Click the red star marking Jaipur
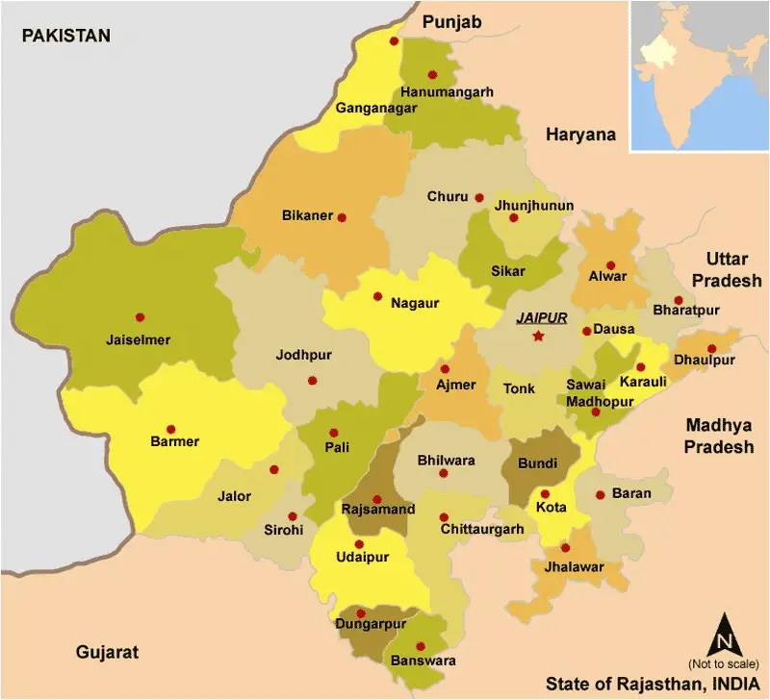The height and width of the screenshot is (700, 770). click(538, 336)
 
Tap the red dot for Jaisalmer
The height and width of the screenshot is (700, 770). click(140, 316)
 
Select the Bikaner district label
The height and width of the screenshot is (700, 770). click(307, 215)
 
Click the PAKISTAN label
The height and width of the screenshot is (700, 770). click(66, 37)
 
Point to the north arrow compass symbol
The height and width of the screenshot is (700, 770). click(726, 637)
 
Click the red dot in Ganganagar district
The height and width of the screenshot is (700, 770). click(394, 41)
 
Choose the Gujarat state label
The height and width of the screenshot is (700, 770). click(107, 652)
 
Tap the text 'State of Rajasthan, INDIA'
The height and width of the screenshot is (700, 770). click(650, 684)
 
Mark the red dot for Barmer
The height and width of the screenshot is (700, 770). click(171, 429)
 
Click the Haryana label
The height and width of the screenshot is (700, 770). click(580, 135)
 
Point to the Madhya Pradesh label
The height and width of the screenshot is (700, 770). click(719, 436)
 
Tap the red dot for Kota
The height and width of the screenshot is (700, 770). click(545, 493)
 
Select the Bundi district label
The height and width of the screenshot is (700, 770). click(537, 463)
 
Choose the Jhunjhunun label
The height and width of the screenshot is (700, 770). click(533, 206)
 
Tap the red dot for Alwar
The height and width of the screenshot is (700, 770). click(609, 265)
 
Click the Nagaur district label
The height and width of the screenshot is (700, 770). click(415, 303)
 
